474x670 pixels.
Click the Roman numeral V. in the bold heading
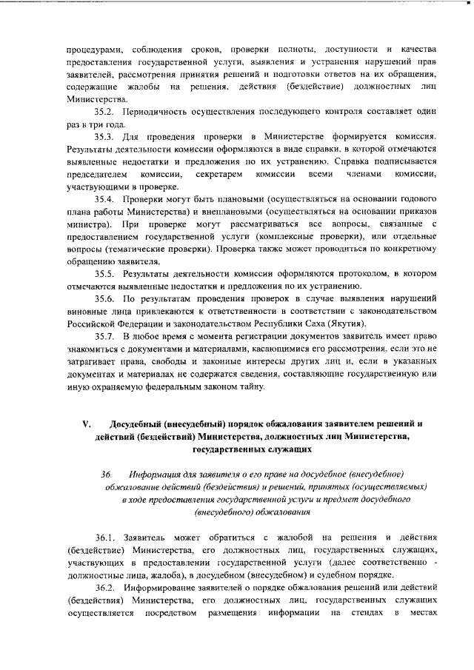click(86, 424)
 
